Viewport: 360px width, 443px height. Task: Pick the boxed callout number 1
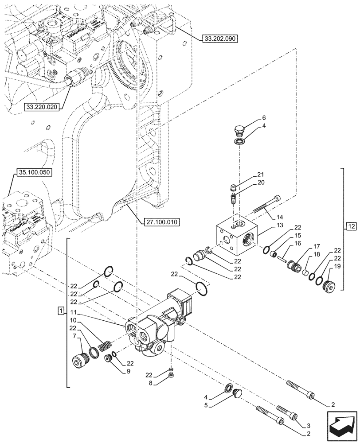click(61, 309)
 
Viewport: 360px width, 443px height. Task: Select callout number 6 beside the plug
click(264, 118)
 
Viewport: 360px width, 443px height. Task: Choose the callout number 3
click(304, 424)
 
